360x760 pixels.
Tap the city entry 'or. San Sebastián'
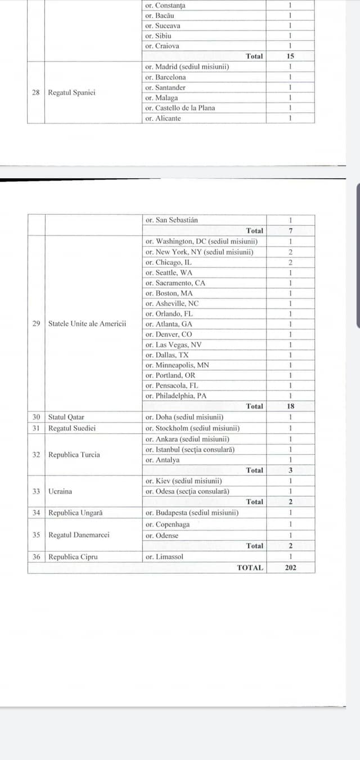[172, 220]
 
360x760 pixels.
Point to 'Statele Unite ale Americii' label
[87, 323]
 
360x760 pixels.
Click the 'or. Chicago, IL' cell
[169, 262]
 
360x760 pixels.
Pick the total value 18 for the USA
[290, 406]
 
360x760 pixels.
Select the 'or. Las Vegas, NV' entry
[173, 345]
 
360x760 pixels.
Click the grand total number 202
[290, 568]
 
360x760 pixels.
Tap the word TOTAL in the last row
[250, 568]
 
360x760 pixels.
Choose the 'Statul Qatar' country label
[66, 417]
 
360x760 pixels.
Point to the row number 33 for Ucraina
[36, 491]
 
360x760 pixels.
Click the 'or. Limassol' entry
[164, 557]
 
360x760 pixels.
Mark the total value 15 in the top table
[290, 56]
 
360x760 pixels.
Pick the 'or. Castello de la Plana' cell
[180, 108]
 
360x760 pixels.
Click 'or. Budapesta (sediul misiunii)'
[191, 512]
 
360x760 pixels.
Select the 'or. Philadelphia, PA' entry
[176, 395]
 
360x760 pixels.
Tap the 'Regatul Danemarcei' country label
[79, 534]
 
